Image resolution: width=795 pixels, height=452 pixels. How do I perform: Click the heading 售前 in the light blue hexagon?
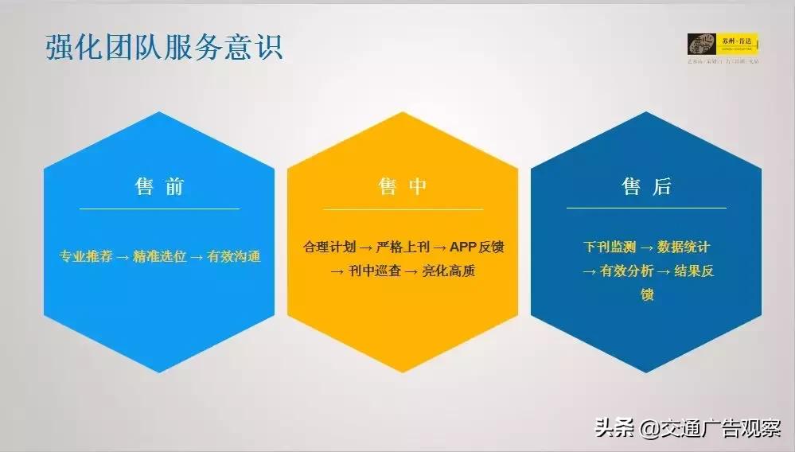pos(159,187)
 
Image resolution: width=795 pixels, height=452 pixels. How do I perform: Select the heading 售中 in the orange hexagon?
pos(403,187)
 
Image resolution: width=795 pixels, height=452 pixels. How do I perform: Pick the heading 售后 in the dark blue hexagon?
pos(646,187)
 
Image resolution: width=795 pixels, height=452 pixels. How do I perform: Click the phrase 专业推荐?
pos(85,257)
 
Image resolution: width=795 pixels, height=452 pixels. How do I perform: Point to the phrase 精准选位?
pos(160,257)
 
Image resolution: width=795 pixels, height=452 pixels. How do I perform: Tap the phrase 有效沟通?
pos(233,257)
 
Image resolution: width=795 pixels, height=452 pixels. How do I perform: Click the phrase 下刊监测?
pos(609,247)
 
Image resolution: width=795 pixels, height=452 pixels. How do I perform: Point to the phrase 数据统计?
pos(683,247)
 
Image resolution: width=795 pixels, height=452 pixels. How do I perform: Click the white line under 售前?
pos(159,208)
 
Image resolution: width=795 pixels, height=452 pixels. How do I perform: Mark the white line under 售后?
pos(646,208)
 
